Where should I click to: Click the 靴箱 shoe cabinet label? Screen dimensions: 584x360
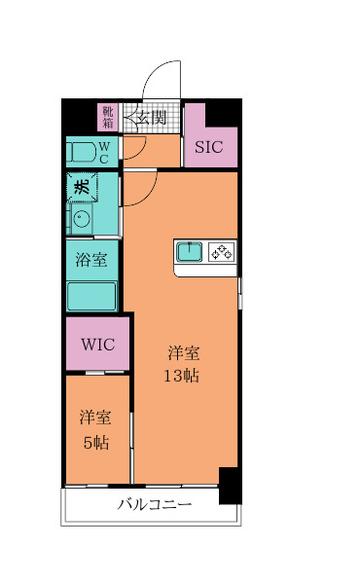point(107,118)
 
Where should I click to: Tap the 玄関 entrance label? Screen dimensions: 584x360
point(150,118)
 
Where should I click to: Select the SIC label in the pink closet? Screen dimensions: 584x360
point(208,147)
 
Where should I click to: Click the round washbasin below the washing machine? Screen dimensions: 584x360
point(82,218)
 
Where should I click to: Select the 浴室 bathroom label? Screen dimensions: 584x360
point(91,261)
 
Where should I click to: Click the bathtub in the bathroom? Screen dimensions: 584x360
point(91,295)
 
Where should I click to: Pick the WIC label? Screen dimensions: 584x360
point(97,344)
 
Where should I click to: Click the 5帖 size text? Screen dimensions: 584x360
point(94,441)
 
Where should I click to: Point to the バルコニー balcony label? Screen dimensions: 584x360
point(155,504)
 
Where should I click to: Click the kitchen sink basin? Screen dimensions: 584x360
point(189,252)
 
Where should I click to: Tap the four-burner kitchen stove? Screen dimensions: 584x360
point(221,252)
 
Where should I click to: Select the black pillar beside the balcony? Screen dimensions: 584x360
point(230,485)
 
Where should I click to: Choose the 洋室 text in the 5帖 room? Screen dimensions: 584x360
point(94,418)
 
